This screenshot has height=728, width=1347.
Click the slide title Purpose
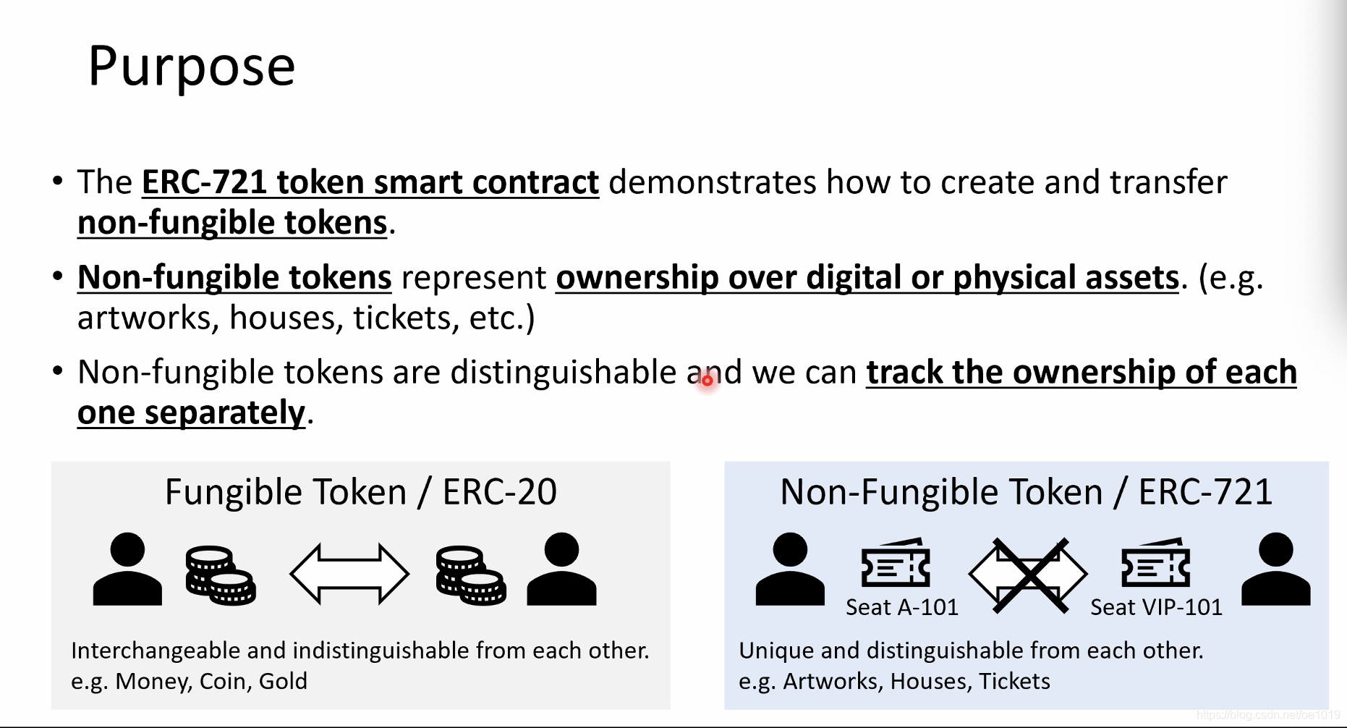[192, 67]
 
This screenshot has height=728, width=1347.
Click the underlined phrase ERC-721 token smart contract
[370, 182]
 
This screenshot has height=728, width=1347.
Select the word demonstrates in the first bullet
[713, 182]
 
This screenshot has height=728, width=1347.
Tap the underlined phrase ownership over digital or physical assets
[867, 278]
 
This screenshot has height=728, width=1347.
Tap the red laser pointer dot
[708, 380]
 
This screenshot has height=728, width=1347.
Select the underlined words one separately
[192, 413]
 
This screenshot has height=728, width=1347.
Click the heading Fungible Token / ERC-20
[361, 492]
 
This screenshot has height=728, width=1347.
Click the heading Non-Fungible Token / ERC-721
[1026, 492]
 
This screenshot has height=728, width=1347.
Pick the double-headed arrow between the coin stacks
[349, 574]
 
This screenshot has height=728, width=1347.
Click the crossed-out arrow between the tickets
[1028, 575]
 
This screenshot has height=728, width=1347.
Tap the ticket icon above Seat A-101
[896, 562]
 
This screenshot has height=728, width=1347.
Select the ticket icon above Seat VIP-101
[1155, 562]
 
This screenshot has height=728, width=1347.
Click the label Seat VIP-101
[1156, 607]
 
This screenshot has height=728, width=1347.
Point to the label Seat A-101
[902, 607]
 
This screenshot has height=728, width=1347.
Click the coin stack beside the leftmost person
[221, 575]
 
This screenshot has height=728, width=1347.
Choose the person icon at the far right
[1275, 569]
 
